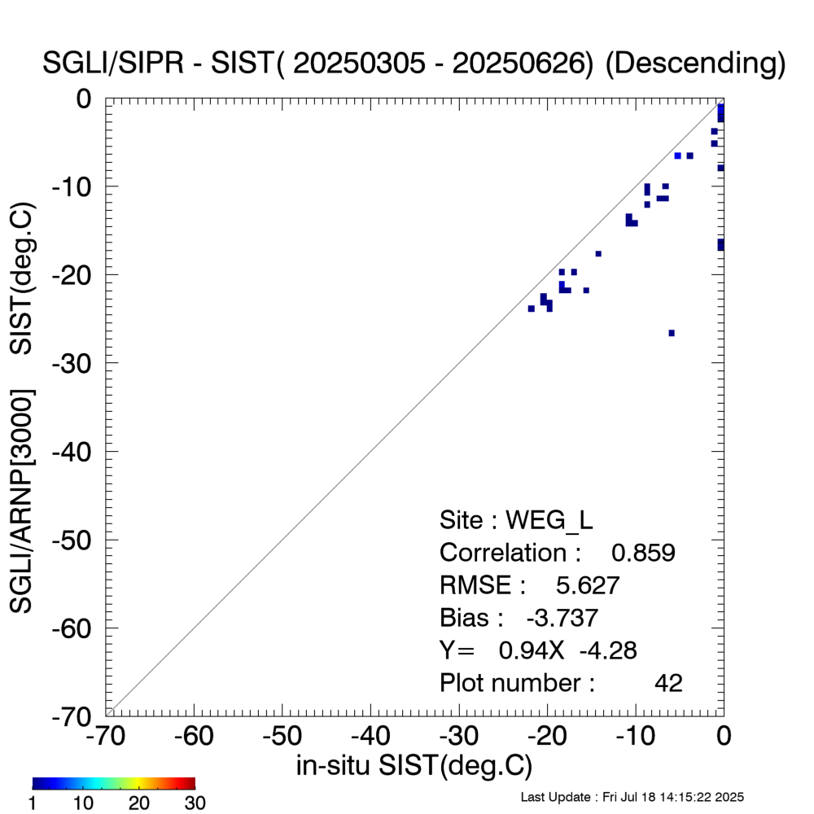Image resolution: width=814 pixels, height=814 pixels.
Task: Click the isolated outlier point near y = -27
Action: point(672,333)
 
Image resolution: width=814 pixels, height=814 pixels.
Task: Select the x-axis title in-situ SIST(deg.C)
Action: point(414,766)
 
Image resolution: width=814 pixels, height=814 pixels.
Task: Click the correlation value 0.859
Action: point(643,553)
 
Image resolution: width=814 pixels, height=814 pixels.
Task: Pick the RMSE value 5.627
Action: point(588,585)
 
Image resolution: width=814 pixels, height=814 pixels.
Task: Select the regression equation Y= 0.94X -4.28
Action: point(538,650)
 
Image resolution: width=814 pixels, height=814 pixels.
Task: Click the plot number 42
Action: point(668,683)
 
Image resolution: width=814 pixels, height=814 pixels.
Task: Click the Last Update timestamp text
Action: point(632,797)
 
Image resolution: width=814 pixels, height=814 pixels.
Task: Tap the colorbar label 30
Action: point(194,803)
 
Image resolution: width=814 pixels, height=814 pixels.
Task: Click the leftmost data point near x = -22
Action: point(531,309)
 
